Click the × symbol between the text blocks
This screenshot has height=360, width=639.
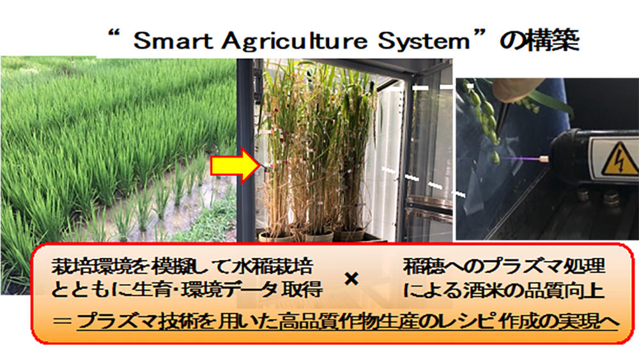pos(350,279)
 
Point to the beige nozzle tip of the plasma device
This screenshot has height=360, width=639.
pos(544,156)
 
